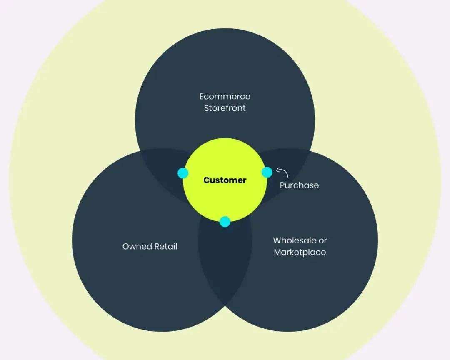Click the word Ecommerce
(225, 97)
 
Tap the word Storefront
(225, 108)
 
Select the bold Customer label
(225, 180)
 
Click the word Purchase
(299, 185)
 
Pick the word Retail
(165, 246)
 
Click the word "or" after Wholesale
(323, 241)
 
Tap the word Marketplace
(300, 252)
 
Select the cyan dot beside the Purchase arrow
(267, 172)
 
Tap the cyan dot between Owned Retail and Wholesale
(225, 222)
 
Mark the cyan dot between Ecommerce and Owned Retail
(183, 173)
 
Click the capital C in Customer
(207, 180)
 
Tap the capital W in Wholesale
(277, 240)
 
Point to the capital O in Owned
(126, 247)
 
